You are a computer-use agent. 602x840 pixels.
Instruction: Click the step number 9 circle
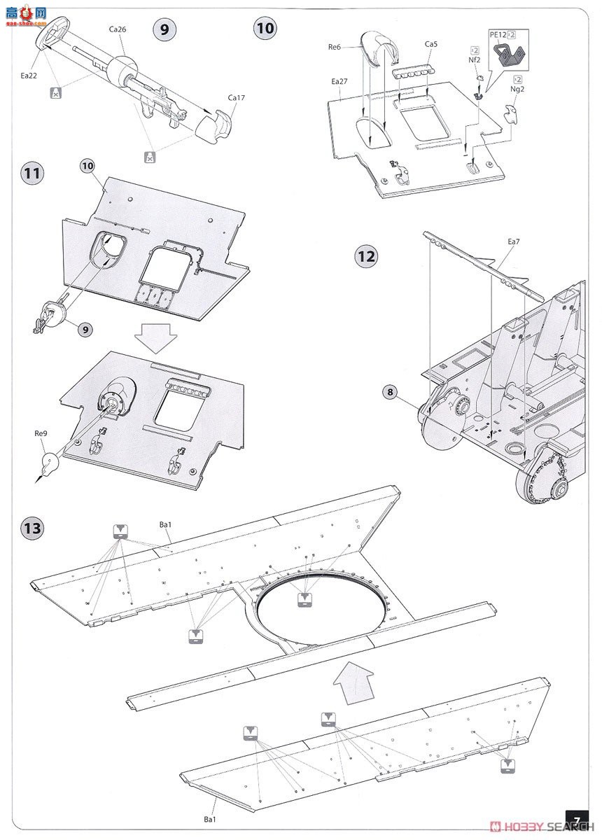[x=164, y=29]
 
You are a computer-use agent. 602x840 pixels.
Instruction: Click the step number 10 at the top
[x=265, y=28]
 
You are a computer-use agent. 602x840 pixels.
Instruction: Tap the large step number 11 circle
[x=32, y=173]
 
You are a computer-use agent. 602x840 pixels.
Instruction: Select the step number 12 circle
[x=366, y=256]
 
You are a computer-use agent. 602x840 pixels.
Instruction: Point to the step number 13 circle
[x=32, y=528]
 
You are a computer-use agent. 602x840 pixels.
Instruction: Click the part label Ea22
[x=29, y=74]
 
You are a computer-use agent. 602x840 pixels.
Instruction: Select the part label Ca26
[x=117, y=29]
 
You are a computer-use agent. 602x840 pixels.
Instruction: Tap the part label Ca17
[x=237, y=97]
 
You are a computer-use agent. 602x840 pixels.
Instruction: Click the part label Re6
[x=334, y=47]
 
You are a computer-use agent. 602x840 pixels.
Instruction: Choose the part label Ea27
[x=339, y=82]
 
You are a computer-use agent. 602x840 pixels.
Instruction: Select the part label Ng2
[x=517, y=90]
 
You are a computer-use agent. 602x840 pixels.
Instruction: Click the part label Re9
[x=41, y=434]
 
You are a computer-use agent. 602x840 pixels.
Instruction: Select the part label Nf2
[x=475, y=60]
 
